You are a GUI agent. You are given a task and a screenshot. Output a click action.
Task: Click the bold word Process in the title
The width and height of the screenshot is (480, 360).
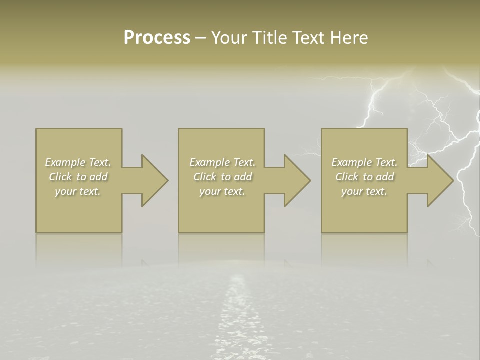point(157,38)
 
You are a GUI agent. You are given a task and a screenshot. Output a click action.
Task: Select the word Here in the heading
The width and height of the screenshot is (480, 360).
point(349,38)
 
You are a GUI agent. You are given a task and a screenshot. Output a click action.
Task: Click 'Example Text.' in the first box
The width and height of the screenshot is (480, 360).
point(78,162)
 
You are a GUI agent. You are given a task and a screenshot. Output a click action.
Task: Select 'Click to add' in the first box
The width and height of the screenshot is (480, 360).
point(78,177)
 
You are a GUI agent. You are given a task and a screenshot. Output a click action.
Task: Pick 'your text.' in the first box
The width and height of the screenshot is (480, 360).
point(78,191)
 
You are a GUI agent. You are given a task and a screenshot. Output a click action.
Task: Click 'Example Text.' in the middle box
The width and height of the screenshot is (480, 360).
point(222,162)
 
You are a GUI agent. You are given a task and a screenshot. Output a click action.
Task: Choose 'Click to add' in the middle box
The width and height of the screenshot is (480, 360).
point(223,177)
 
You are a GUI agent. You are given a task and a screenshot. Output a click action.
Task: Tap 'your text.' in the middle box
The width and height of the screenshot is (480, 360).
point(222,191)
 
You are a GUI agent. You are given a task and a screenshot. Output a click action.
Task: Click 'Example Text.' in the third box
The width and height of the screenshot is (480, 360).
point(364,162)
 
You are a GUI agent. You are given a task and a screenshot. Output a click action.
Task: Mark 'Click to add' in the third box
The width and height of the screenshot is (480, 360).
point(365,177)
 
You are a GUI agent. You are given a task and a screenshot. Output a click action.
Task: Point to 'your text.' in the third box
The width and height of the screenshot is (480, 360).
point(364,191)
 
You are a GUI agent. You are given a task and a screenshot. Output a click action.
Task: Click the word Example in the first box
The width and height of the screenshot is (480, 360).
point(65,162)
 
